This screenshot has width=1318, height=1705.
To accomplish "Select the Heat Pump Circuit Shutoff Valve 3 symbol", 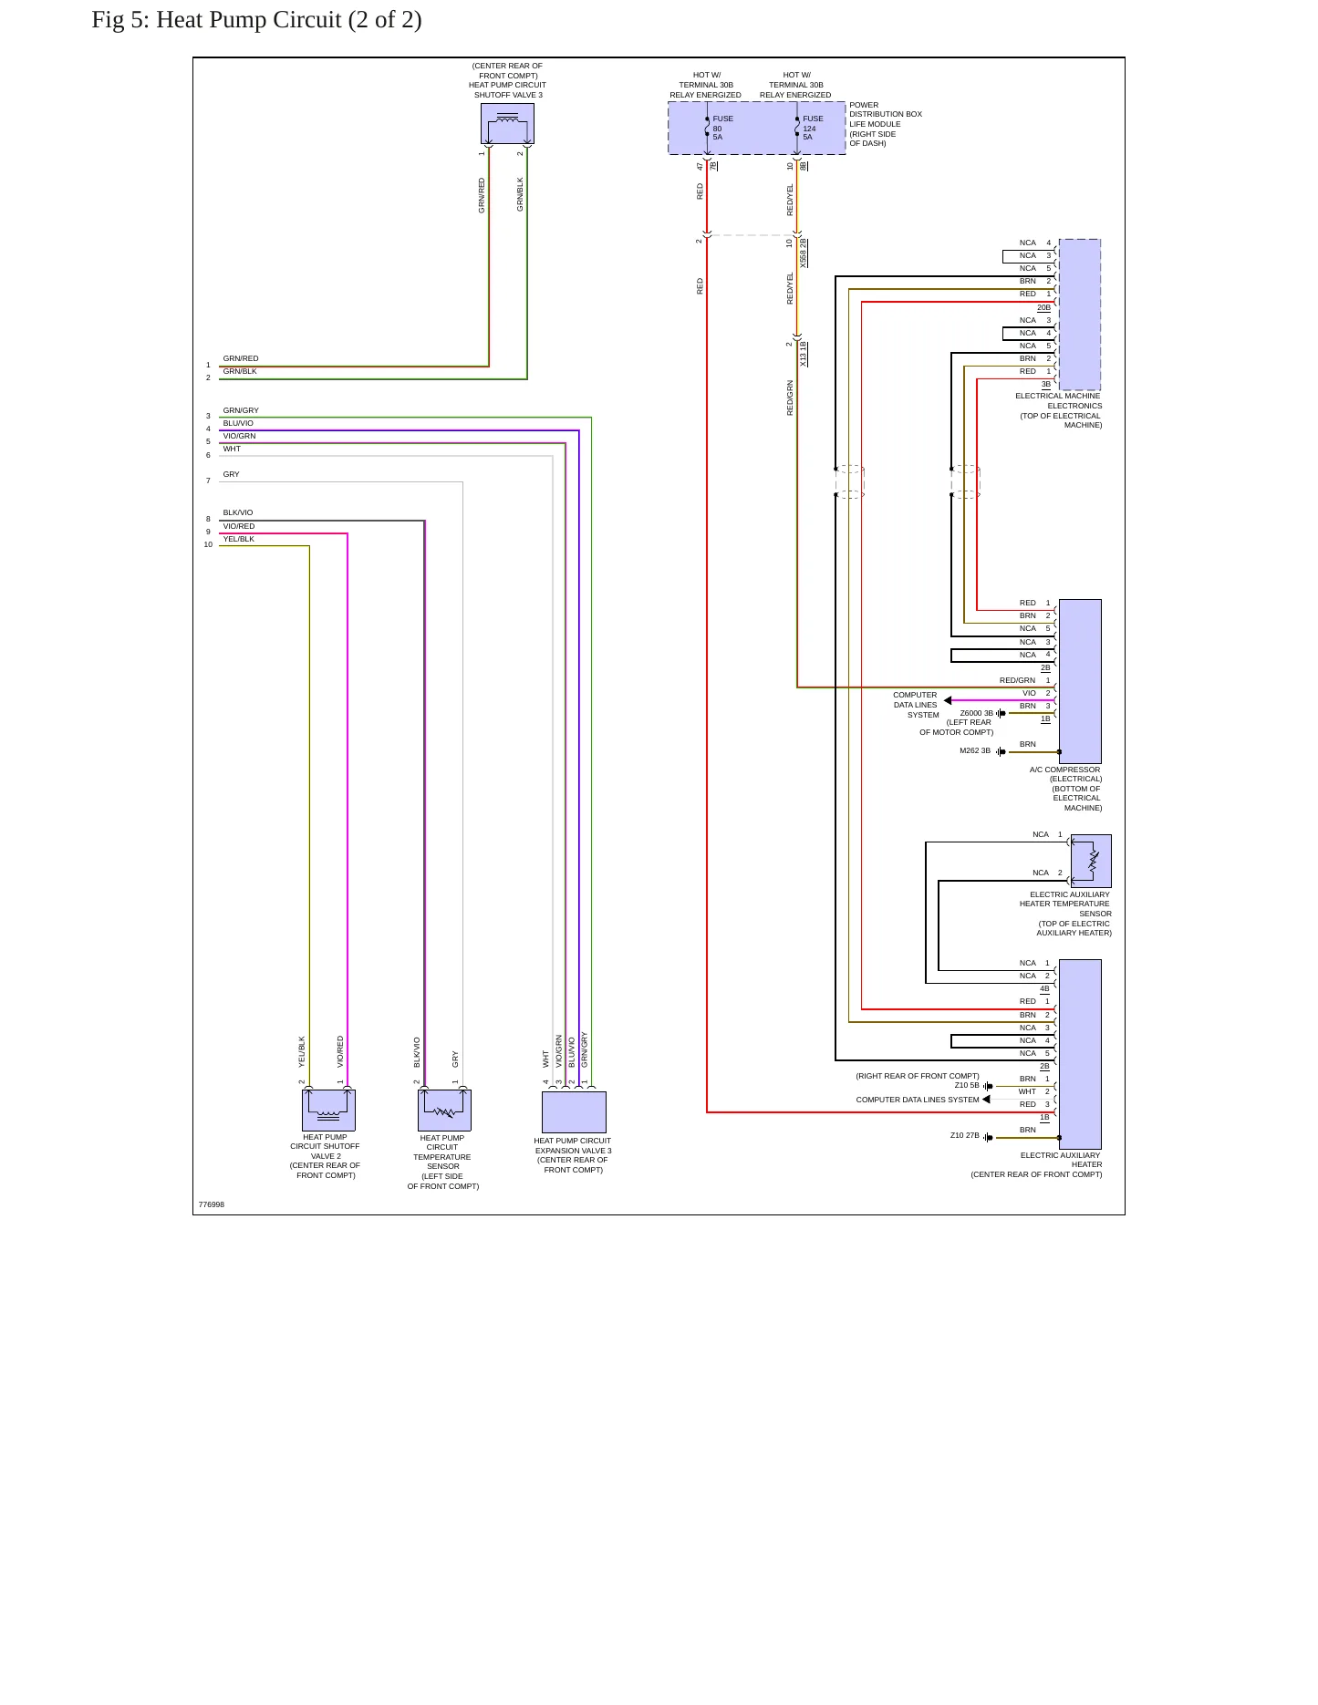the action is (x=507, y=123).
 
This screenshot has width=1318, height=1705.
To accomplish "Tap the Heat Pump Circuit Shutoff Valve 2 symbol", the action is (x=328, y=1110).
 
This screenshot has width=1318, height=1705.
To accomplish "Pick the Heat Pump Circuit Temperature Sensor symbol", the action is (x=444, y=1110).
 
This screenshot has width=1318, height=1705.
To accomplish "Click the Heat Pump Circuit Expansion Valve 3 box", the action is (x=574, y=1111).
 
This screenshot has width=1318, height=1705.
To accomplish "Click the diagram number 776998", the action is (x=211, y=1204).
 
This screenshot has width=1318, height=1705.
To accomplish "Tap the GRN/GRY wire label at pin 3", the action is (x=241, y=410).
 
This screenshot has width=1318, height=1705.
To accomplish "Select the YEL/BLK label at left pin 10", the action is (x=239, y=539).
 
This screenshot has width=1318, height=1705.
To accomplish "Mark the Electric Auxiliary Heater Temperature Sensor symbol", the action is (x=1091, y=861).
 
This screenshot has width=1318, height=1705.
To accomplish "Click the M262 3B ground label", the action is (x=975, y=750).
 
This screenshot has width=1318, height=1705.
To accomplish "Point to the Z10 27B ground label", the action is (x=965, y=1135).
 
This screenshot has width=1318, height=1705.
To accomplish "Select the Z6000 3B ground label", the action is (x=977, y=713).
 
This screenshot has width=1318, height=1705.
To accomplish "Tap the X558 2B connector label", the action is (x=804, y=253).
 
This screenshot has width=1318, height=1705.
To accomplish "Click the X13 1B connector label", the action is (x=804, y=354).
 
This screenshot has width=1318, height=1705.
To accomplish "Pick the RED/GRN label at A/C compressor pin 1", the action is (x=1017, y=680).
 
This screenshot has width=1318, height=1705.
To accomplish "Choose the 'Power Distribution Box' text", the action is (x=886, y=109).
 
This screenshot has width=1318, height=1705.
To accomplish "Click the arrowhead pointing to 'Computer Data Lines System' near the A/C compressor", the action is (x=948, y=700).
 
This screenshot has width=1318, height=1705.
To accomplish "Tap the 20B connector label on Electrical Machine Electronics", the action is (x=1043, y=307).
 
